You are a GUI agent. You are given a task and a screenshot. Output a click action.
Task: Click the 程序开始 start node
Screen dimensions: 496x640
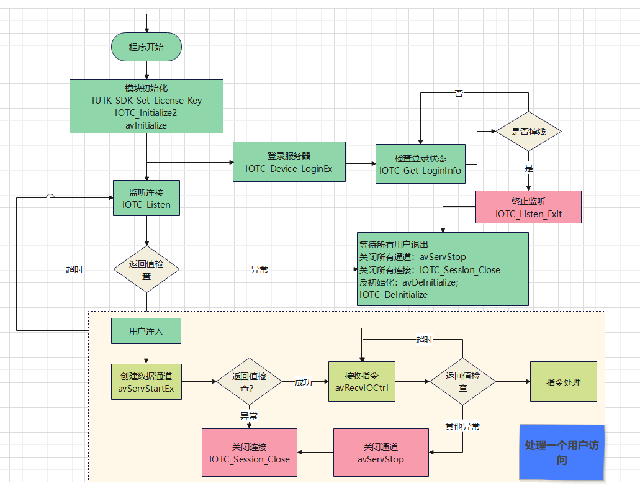point(146,47)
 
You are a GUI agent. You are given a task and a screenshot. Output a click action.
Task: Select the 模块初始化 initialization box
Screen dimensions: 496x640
point(146,106)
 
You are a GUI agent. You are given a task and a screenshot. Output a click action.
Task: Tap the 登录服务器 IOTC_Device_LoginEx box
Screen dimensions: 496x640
point(289,161)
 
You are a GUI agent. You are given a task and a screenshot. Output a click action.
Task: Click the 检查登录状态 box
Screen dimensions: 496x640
point(420,164)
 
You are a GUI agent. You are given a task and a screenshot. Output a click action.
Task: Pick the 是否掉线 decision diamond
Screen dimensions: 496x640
point(528,132)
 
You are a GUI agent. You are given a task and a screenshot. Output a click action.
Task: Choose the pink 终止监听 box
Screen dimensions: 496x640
point(528,207)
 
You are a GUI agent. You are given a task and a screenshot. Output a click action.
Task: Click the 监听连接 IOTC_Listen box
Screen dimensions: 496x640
point(146,197)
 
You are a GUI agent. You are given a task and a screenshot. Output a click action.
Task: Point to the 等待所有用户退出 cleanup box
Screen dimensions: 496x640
point(443,269)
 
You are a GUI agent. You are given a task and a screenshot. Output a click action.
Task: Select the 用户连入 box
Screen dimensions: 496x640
point(146,331)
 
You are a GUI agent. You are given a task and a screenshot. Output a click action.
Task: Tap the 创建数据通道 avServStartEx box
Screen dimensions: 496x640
point(146,382)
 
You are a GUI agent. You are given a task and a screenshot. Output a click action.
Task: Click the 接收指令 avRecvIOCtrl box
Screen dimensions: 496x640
point(361,382)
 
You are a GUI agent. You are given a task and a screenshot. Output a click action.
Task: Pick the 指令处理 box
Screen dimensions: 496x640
point(564,382)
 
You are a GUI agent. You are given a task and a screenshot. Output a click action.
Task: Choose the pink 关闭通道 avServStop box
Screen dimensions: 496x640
point(381,453)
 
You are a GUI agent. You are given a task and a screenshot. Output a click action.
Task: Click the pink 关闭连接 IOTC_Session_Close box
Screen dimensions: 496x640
point(250,453)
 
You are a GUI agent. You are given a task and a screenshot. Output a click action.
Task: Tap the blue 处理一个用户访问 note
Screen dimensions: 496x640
point(562,453)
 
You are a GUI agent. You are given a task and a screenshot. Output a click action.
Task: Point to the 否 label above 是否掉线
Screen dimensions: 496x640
point(459,94)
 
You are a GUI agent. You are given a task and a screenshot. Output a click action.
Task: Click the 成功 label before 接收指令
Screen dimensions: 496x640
point(304,382)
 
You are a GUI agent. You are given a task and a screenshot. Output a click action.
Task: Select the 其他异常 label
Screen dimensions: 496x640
point(462,426)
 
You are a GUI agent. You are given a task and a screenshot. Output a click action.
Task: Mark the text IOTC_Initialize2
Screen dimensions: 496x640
point(146,112)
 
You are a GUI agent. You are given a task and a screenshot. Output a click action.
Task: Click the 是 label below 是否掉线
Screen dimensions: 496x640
point(529,168)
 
